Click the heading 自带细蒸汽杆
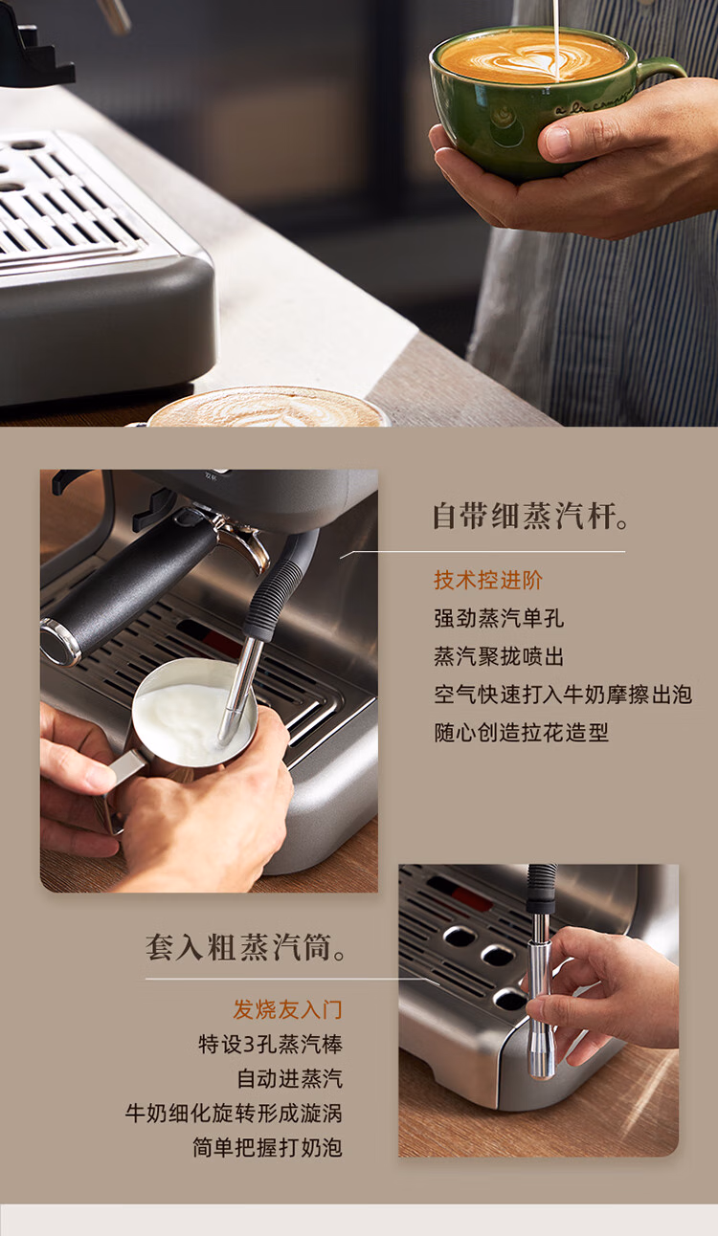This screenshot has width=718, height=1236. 530,516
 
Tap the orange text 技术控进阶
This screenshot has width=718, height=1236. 488,580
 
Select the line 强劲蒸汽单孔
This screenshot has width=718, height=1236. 499,618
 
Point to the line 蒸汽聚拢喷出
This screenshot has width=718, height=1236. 499,656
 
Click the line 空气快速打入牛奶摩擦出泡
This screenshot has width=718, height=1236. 563,695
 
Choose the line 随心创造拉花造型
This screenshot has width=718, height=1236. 522,733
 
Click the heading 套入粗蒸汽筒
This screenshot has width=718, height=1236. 246,947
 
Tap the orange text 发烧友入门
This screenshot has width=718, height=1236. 288,1009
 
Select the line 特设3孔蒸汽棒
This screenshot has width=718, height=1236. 271,1044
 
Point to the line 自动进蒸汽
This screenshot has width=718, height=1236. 290,1079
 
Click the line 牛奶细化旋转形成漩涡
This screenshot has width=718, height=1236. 234,1113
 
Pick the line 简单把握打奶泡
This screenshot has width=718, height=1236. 267,1148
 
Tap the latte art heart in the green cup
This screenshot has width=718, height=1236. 531,59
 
